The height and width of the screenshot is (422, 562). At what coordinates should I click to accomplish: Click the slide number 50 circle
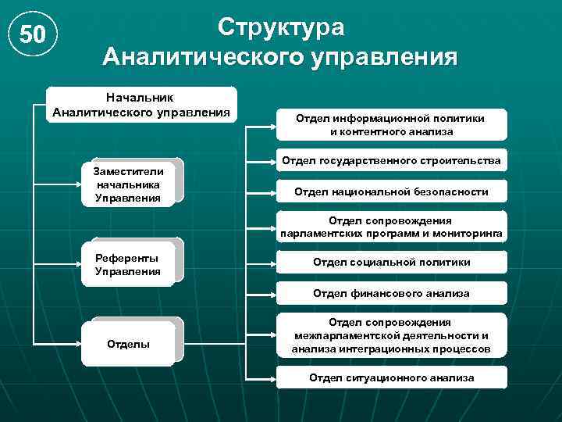(x=32, y=34)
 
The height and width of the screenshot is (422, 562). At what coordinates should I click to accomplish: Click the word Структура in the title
(x=281, y=26)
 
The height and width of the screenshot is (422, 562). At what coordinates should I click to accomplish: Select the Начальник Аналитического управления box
(x=141, y=104)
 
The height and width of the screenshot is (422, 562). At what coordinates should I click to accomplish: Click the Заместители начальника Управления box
(x=128, y=184)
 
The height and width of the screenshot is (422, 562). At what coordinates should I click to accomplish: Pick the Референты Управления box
(x=128, y=265)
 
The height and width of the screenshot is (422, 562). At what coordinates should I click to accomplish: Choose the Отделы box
(x=128, y=344)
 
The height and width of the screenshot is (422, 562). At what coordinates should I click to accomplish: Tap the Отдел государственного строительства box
(x=391, y=161)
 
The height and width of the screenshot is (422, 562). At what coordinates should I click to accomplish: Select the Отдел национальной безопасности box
(x=391, y=191)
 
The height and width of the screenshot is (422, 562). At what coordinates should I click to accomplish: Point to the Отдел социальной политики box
(x=391, y=263)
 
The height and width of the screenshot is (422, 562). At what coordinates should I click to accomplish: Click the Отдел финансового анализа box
(x=391, y=294)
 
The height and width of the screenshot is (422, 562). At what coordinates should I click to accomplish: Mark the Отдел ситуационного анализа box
(x=391, y=377)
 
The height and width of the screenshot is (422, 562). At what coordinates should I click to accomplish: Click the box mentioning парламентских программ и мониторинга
(x=391, y=227)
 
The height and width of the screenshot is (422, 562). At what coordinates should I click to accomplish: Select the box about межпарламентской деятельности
(x=391, y=336)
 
